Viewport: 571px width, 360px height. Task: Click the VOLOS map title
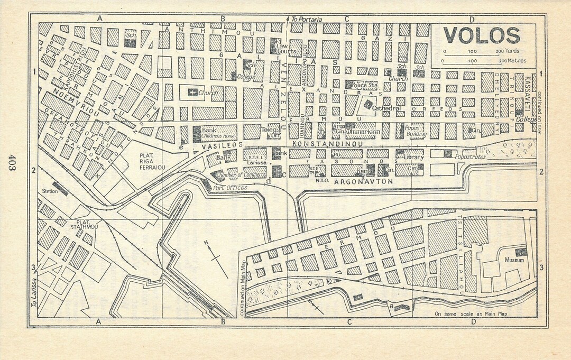coord(481,36)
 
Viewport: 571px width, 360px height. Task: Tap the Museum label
coord(514,261)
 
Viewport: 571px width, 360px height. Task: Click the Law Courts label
coord(286,49)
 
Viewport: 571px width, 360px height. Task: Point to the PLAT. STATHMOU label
coord(87,225)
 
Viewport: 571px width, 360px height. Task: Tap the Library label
coord(413,157)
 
